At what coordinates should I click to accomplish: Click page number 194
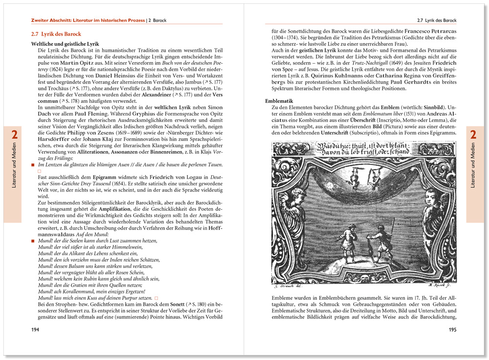point(35,329)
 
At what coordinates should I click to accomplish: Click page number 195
point(452,329)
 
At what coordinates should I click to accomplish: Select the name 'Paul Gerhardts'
point(415,82)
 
